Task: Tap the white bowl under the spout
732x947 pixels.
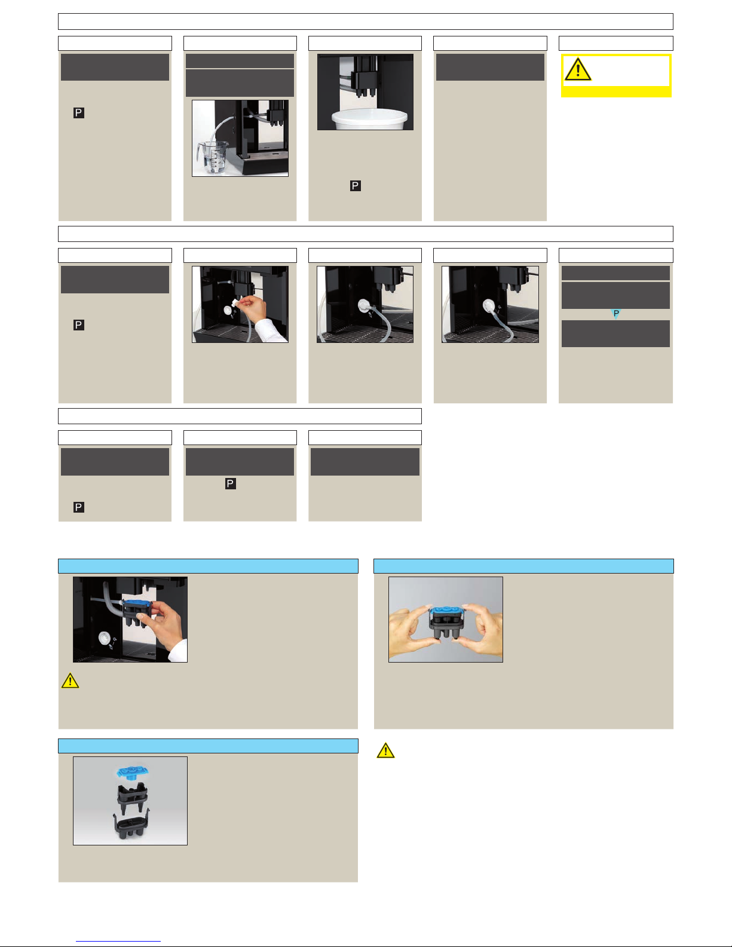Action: (x=369, y=120)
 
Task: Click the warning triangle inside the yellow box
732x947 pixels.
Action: (x=578, y=70)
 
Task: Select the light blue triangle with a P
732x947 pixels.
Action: (x=615, y=314)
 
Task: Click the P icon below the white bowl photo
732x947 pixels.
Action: (x=355, y=186)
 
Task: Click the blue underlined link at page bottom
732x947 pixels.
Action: (x=118, y=942)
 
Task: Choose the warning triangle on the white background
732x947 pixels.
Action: (x=385, y=750)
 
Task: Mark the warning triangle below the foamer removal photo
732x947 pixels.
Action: (x=70, y=681)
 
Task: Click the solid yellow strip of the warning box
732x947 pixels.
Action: (x=616, y=92)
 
